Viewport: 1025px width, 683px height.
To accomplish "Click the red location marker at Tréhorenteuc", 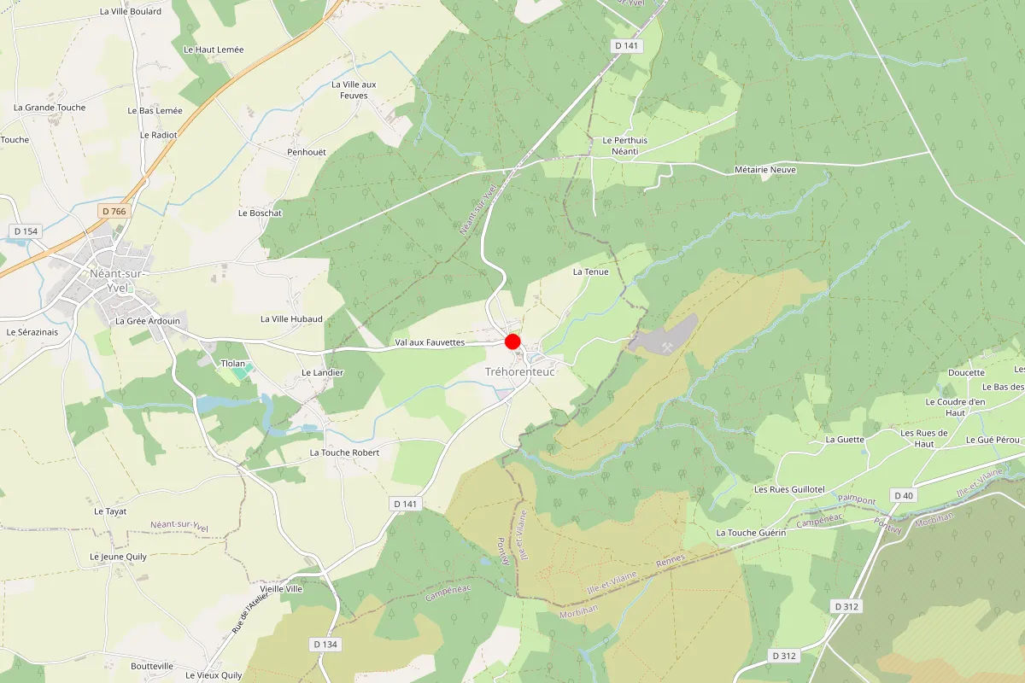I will (x=512, y=341).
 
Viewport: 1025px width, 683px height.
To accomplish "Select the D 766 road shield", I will (x=113, y=211).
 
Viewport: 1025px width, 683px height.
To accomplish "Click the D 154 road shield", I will (x=26, y=231).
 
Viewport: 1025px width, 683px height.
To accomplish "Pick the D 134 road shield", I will (x=325, y=644).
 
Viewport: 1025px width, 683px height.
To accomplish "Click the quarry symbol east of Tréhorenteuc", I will (x=666, y=342).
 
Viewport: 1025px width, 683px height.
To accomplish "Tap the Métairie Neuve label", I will (x=765, y=170).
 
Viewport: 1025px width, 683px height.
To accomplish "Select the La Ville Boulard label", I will (x=131, y=12).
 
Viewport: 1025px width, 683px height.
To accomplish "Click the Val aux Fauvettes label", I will (x=430, y=342).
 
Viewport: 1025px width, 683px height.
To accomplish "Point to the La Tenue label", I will (x=591, y=271).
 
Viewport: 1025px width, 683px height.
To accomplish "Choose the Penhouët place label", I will (x=307, y=152).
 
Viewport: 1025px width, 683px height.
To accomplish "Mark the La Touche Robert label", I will (x=344, y=452).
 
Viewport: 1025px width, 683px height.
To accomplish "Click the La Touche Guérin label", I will (x=751, y=533).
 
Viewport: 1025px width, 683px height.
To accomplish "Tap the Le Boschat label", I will (x=260, y=213).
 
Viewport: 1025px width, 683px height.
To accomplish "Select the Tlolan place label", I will (x=233, y=364).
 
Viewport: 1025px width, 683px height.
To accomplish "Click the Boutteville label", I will (x=152, y=666).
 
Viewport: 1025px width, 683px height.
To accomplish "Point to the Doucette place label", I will (x=967, y=373).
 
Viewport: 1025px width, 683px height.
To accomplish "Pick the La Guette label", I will (x=845, y=440).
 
